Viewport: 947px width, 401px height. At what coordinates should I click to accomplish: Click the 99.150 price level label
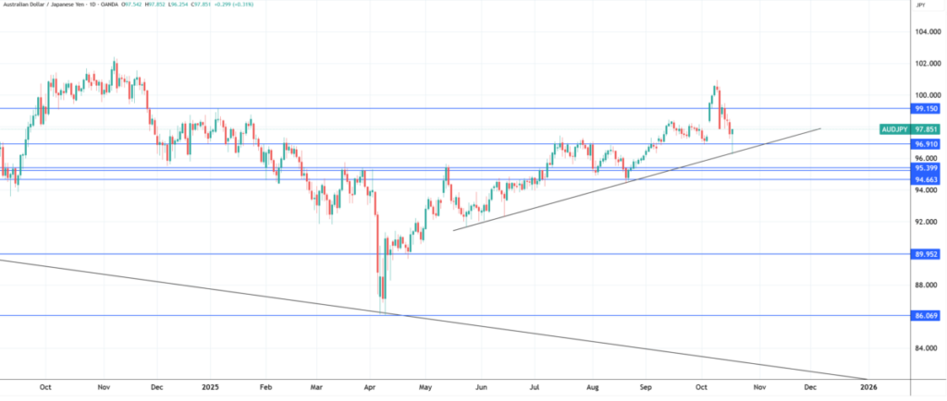pos(926,108)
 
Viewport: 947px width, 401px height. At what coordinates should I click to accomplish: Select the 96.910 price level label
pos(926,144)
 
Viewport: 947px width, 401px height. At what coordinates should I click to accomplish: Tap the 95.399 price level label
pos(926,168)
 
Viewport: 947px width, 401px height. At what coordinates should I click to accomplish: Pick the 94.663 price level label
pos(926,179)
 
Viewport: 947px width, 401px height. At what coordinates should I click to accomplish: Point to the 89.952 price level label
pos(926,254)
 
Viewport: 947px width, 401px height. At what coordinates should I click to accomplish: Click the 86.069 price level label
pos(926,316)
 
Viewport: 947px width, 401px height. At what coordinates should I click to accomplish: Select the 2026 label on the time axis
pos(868,387)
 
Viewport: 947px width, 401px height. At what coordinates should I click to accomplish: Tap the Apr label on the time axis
pos(372,387)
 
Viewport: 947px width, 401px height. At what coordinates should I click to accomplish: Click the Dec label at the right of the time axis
pos(809,387)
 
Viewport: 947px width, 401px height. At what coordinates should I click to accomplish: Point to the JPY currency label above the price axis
pos(920,6)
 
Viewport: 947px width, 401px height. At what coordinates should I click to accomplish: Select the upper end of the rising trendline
pos(819,128)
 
